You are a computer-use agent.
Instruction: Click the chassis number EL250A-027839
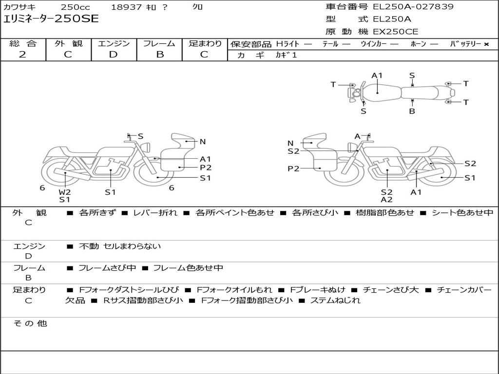pos(413,6)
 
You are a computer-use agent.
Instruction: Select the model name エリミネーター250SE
pos(51,19)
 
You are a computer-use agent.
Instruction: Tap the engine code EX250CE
pos(396,32)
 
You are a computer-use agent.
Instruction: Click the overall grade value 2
pos(22,55)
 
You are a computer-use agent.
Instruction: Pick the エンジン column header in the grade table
pos(114,43)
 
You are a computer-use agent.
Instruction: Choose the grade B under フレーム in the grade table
pos(160,55)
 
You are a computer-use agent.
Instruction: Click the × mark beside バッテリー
pos(486,44)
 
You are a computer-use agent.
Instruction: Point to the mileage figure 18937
pos(126,7)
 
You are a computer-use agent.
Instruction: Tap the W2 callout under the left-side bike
pos(65,192)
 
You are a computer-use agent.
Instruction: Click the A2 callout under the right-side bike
pos(386,200)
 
